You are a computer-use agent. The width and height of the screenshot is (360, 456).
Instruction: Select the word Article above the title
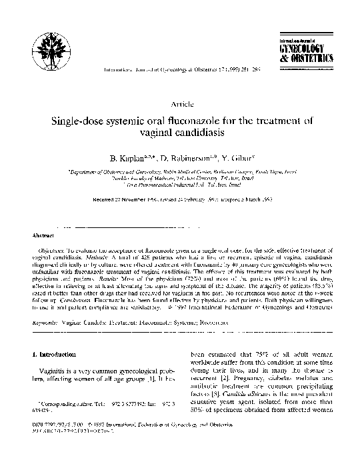click(182, 105)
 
